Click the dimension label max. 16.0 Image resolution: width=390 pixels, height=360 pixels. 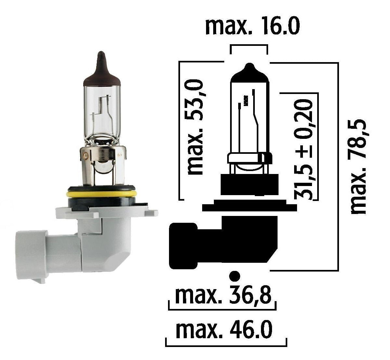[x=252, y=27]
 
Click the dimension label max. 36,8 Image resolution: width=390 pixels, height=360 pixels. [x=223, y=295]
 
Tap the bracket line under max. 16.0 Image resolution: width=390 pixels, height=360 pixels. [x=249, y=46]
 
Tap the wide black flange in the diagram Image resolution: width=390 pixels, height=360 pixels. [x=249, y=207]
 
